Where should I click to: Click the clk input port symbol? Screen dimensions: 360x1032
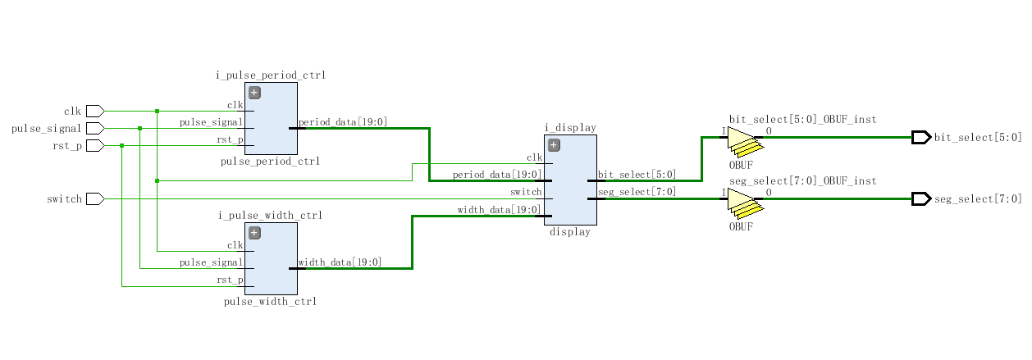click(x=94, y=111)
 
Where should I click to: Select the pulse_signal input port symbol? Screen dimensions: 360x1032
click(x=94, y=128)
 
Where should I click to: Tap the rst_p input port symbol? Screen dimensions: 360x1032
click(x=94, y=146)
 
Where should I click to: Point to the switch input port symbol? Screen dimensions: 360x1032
click(x=94, y=198)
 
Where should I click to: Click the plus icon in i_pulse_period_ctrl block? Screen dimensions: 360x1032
click(x=254, y=93)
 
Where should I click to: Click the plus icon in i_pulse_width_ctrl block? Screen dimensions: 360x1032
click(x=254, y=232)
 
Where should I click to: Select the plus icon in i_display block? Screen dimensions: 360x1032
click(x=554, y=145)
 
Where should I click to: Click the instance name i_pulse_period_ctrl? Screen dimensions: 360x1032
click(x=271, y=75)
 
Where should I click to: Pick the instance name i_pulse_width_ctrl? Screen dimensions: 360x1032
click(x=270, y=216)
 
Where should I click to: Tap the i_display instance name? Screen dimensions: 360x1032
click(x=570, y=128)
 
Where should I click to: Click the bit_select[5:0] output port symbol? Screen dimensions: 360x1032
click(x=920, y=137)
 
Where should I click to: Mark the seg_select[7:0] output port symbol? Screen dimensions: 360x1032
click(x=920, y=198)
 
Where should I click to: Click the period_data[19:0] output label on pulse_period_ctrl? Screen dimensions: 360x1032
click(x=343, y=122)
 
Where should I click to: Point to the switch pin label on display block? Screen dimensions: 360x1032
click(x=526, y=192)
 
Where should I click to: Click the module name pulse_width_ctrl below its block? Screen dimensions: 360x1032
click(x=270, y=302)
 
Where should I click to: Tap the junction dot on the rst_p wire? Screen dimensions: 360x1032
click(x=121, y=146)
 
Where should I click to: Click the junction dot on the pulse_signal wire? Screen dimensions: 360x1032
click(x=139, y=128)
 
